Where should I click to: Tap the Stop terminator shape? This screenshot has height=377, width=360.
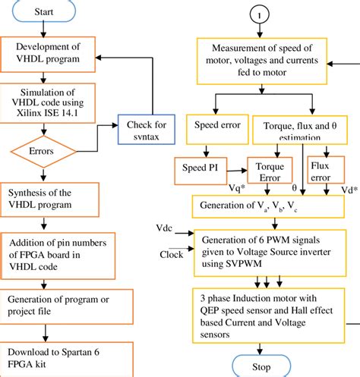click(x=261, y=366)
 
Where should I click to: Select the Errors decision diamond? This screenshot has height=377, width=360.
click(x=43, y=152)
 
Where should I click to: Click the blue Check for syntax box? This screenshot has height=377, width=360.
click(x=147, y=130)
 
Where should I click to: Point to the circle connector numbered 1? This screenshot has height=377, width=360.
click(x=260, y=14)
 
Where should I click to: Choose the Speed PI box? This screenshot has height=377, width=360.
click(x=201, y=171)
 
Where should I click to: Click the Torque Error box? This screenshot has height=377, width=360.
click(x=270, y=170)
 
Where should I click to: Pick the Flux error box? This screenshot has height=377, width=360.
click(x=326, y=169)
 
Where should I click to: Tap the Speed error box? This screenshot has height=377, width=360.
click(x=217, y=130)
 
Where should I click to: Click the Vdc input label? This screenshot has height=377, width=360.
click(x=164, y=228)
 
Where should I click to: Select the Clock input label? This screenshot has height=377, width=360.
click(x=171, y=255)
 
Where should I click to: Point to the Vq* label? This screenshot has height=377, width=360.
click(x=237, y=188)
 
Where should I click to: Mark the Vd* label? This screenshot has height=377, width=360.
click(x=349, y=190)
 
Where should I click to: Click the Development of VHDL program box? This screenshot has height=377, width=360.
click(x=48, y=55)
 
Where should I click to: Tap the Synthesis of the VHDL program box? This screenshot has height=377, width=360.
click(x=49, y=199)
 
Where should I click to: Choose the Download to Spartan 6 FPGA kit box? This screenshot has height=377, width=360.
click(x=66, y=359)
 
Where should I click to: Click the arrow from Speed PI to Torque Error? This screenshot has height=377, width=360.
click(x=237, y=171)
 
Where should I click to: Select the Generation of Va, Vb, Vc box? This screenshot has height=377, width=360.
click(x=268, y=206)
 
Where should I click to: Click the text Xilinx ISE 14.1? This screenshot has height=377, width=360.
click(x=47, y=113)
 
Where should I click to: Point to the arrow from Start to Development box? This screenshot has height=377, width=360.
click(x=43, y=29)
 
